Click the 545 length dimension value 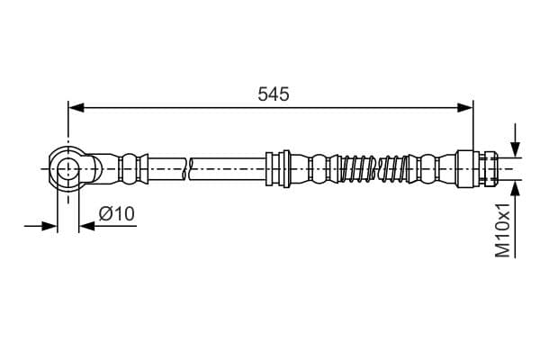tap(273, 94)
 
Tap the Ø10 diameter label tap(116, 214)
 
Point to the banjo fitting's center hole tap(68, 167)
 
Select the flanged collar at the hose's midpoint tap(277, 167)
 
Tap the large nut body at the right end tap(469, 167)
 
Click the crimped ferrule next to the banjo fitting tap(131, 167)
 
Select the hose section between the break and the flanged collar tap(229, 167)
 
